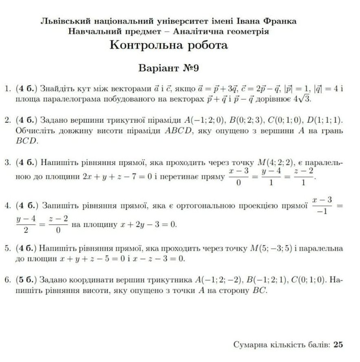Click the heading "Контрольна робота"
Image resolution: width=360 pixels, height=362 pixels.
pos(169,45)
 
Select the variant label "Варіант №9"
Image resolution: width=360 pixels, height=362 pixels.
pos(169,68)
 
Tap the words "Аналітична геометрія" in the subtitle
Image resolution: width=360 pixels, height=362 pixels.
pos(221,31)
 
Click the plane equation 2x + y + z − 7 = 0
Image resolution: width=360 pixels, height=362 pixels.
pos(117,177)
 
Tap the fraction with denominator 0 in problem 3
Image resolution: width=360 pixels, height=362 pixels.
pos(239,177)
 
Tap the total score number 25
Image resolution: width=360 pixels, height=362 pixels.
pos(338,344)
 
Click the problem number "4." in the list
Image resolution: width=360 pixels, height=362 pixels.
pos(8,206)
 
